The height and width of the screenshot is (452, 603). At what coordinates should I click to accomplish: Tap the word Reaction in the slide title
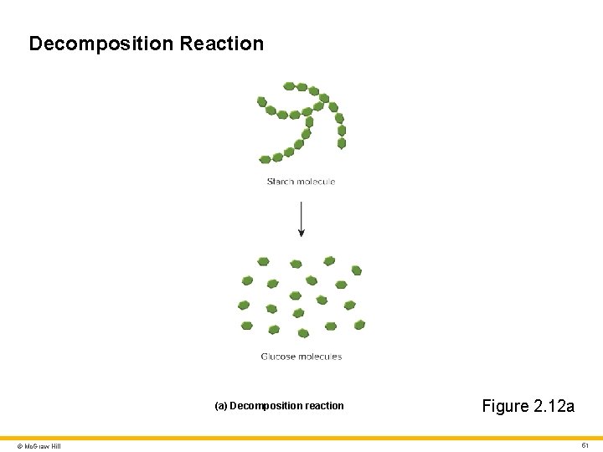click(x=221, y=44)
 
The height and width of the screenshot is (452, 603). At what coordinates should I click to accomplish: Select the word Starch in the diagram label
click(x=280, y=182)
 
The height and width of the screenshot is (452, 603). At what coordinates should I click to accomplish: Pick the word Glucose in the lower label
click(x=279, y=357)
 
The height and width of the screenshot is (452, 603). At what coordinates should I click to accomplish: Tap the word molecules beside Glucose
click(x=320, y=357)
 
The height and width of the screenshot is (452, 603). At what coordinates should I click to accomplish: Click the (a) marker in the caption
click(x=221, y=406)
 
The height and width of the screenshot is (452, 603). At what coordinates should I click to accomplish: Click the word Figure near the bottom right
click(x=505, y=407)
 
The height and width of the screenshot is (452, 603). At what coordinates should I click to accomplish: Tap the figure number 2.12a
click(x=553, y=407)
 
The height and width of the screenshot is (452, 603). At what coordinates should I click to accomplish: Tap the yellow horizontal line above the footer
click(x=301, y=437)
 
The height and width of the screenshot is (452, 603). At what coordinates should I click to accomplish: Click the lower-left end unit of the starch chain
click(x=265, y=159)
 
